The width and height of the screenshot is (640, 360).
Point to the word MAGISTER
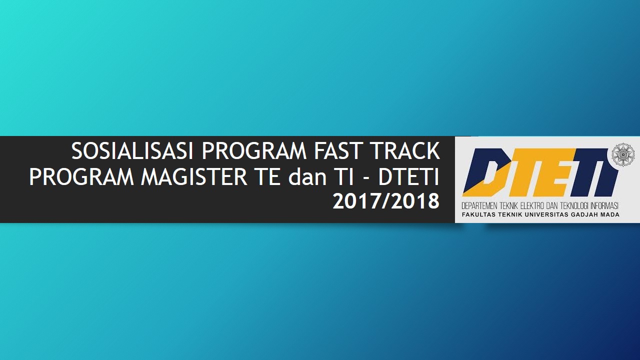tap(193, 177)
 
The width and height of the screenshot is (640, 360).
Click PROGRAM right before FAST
tap(253, 151)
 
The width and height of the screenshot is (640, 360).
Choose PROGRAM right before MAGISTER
tap(81, 177)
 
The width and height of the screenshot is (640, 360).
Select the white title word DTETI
tap(408, 177)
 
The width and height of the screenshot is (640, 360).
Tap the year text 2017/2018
tap(386, 201)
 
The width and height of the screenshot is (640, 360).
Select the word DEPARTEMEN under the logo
tap(479, 205)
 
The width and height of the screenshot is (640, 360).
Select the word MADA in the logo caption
tap(610, 214)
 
